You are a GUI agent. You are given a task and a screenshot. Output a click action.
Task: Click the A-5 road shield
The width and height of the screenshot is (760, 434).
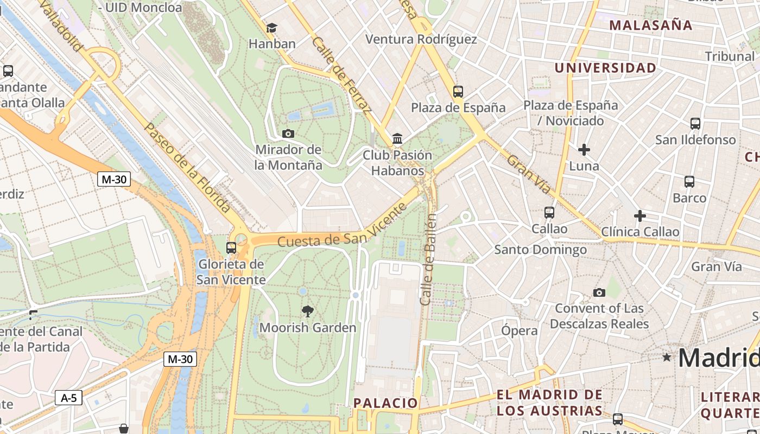(68, 398)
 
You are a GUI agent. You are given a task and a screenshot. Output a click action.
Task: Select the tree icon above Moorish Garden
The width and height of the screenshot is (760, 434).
(308, 311)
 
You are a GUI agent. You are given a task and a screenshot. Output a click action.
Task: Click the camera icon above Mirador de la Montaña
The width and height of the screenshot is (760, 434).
(288, 133)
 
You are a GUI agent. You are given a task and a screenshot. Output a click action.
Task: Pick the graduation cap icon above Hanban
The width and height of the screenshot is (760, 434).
(271, 28)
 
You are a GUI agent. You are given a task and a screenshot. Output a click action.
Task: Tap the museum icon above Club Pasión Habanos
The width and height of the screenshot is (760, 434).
(397, 139)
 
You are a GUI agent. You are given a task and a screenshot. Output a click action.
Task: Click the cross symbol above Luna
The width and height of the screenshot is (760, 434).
(584, 150)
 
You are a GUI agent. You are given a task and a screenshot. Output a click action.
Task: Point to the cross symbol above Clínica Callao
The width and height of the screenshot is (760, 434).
(640, 216)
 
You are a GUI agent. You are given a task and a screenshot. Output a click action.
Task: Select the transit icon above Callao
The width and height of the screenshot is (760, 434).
(549, 213)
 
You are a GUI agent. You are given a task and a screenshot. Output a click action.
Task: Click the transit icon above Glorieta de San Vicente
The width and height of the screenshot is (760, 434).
(231, 248)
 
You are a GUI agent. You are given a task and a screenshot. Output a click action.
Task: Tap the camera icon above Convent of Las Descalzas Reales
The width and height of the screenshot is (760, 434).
(599, 292)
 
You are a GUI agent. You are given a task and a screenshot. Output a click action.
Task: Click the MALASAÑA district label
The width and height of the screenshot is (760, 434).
(650, 25)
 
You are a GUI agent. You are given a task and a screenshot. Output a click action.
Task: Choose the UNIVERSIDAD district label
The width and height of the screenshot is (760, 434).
(605, 68)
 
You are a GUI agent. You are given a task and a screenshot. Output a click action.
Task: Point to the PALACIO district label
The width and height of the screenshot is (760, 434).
(385, 403)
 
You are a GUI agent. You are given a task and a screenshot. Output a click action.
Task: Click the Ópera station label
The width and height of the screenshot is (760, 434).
(519, 330)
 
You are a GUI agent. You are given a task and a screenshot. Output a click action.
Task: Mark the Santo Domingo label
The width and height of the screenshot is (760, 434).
(540, 250)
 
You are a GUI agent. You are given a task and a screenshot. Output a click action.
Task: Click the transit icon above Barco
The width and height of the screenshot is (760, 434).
(689, 182)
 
